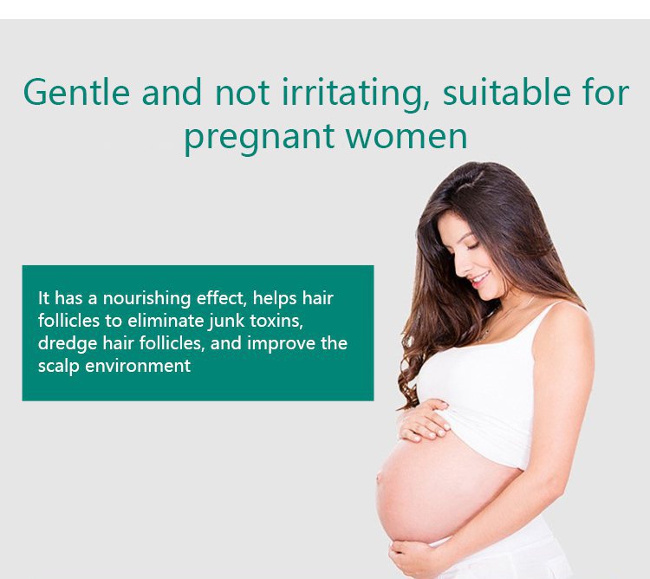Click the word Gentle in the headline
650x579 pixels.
[76, 92]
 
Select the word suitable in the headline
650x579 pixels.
[507, 92]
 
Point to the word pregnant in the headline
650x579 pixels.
[259, 139]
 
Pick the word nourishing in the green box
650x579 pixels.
[146, 299]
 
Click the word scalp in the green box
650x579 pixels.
[58, 367]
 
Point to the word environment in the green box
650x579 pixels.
[138, 367]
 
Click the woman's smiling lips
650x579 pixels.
[480, 279]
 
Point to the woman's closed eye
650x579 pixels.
[472, 246]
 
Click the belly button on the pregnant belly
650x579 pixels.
[379, 478]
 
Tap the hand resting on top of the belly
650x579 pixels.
[424, 420]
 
